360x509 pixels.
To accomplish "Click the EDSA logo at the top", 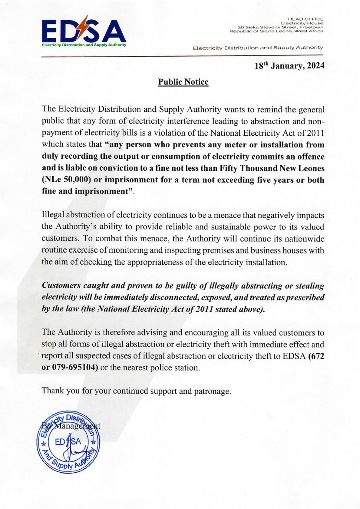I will point(84,32).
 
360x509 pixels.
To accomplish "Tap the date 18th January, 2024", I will point(289,66).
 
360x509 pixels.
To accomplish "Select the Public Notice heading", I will point(183,82).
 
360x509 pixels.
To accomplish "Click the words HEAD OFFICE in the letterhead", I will point(306,19).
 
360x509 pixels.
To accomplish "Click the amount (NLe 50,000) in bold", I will point(66,180).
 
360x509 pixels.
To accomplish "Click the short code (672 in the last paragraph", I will point(316,356).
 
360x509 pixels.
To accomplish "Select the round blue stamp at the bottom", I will point(69,442).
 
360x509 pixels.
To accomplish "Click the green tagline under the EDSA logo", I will point(84,45).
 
